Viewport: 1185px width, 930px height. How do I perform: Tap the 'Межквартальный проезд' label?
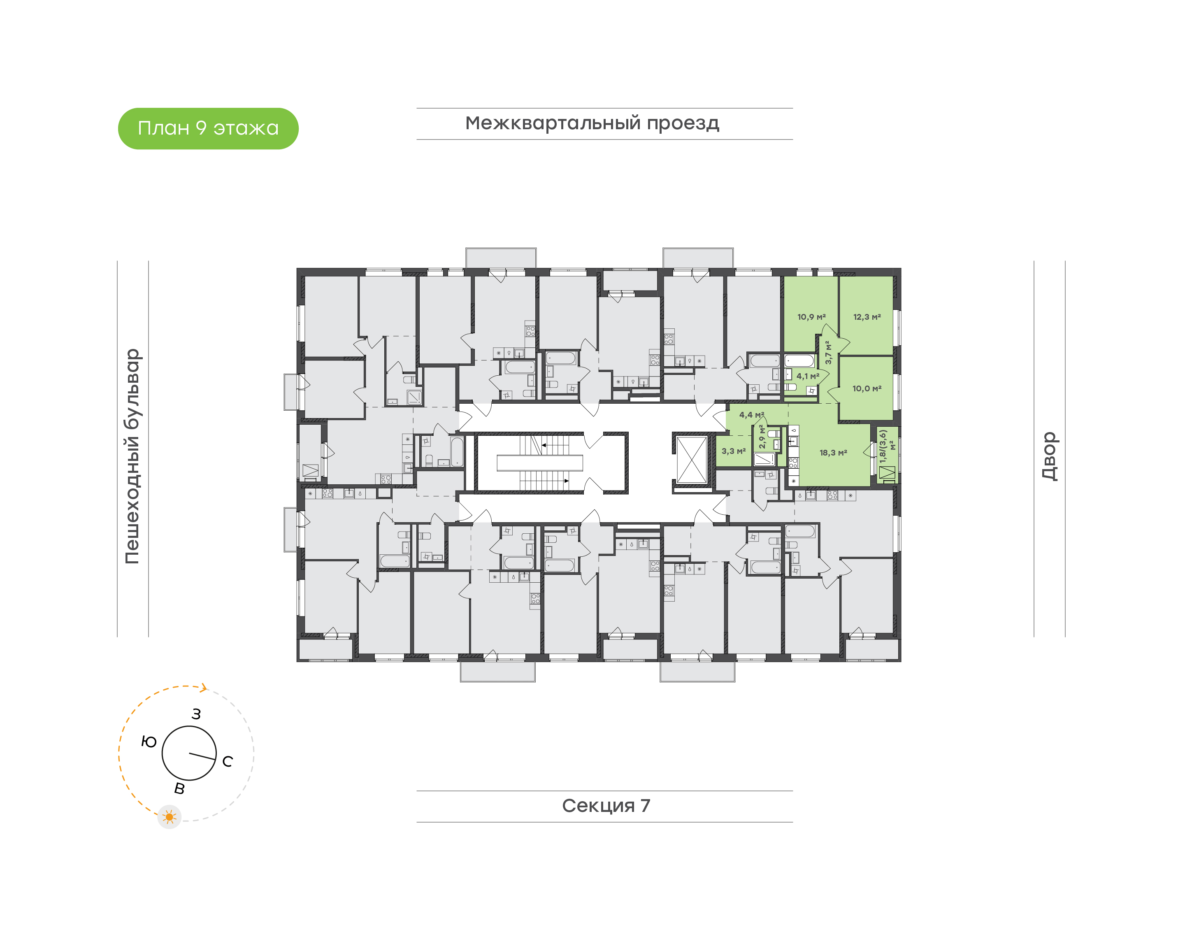592,123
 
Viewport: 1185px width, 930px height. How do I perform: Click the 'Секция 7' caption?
606,806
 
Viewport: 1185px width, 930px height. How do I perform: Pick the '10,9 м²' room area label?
811,317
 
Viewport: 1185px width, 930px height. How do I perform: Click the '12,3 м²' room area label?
867,317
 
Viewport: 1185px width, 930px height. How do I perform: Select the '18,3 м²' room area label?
833,453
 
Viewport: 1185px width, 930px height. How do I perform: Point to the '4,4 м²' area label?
752,415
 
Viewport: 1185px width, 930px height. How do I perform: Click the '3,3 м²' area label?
734,451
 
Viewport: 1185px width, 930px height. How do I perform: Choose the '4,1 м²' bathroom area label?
808,376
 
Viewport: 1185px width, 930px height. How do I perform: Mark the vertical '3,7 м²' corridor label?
828,353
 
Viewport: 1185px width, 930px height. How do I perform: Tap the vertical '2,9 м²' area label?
762,437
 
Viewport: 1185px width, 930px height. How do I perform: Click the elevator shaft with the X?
691,459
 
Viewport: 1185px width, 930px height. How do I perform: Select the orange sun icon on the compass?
169,817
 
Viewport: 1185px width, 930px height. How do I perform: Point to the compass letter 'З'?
197,714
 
